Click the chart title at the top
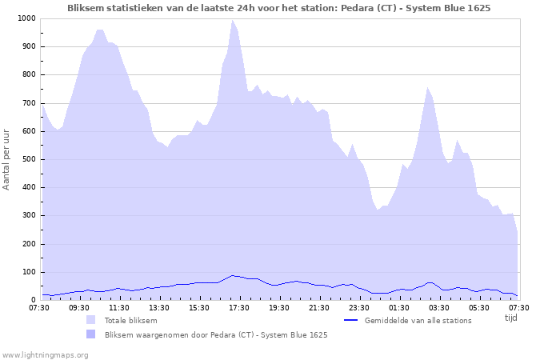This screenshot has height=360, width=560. tap(279, 7)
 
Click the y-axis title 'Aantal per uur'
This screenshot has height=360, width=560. tap(7, 158)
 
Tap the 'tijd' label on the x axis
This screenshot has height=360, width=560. tap(511, 318)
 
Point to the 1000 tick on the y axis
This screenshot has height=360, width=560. tap(26, 18)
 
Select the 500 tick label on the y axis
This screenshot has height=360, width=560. tap(29, 159)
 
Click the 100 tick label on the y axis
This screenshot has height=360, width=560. tap(29, 272)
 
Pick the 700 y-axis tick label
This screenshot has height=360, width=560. tap(29, 103)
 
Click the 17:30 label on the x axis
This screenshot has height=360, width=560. tap(239, 307)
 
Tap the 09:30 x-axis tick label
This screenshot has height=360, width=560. tap(79, 307)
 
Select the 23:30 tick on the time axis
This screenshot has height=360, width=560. tap(359, 307)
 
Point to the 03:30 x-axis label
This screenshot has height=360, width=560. tap(439, 307)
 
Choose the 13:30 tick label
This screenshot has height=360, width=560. tap(159, 307)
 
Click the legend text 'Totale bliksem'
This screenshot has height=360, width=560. tap(130, 320)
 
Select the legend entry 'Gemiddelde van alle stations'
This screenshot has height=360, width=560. tap(418, 320)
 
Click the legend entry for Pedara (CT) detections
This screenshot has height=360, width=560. tap(216, 334)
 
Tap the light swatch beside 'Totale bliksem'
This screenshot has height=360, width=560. tap(90, 320)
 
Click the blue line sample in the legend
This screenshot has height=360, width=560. tap(350, 320)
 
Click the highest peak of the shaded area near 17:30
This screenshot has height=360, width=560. tap(233, 20)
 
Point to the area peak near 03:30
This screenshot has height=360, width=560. tap(428, 87)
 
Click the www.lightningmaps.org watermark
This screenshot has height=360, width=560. tap(45, 354)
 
